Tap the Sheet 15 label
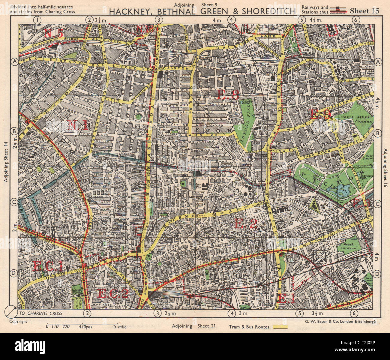pos(364,11)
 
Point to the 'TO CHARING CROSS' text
pos(40,313)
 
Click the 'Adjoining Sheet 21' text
pos(193,326)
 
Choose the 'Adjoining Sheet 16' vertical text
pos(385,165)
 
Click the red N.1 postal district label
pos(78,125)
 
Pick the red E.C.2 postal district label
pos(113,293)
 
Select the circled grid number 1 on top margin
pos(37,20)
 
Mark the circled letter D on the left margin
pos(13,273)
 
